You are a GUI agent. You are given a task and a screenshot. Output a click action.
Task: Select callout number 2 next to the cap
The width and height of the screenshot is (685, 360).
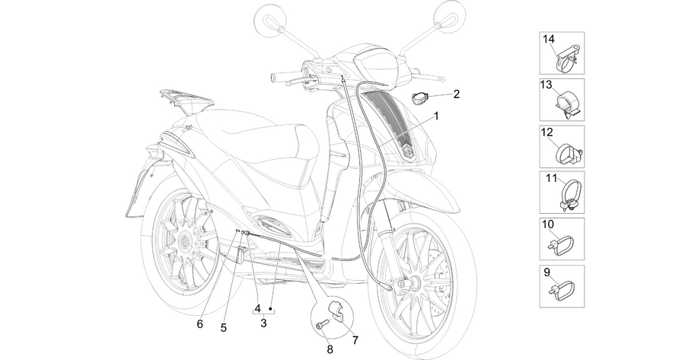coord(457,94)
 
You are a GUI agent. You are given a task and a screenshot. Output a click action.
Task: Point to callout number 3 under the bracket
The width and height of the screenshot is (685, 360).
coord(263,323)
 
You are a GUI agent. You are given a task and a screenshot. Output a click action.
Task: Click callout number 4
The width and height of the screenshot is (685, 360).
coord(258,308)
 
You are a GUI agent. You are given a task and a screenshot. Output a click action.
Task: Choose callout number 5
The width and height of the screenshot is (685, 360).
coord(224,328)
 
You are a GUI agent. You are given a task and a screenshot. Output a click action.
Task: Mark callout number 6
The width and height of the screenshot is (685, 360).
coord(200,324)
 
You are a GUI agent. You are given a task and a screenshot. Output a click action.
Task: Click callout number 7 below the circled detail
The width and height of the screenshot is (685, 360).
coord(355,340)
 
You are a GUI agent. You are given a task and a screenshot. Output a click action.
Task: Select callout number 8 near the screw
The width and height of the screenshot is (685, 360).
coord(330,349)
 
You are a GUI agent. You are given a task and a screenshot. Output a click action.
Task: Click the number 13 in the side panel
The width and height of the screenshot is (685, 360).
coord(546,84)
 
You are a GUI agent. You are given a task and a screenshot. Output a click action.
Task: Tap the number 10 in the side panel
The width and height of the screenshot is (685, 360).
coord(548,225)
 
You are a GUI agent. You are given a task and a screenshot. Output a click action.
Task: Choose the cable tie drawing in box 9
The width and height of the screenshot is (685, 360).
coord(563,291)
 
